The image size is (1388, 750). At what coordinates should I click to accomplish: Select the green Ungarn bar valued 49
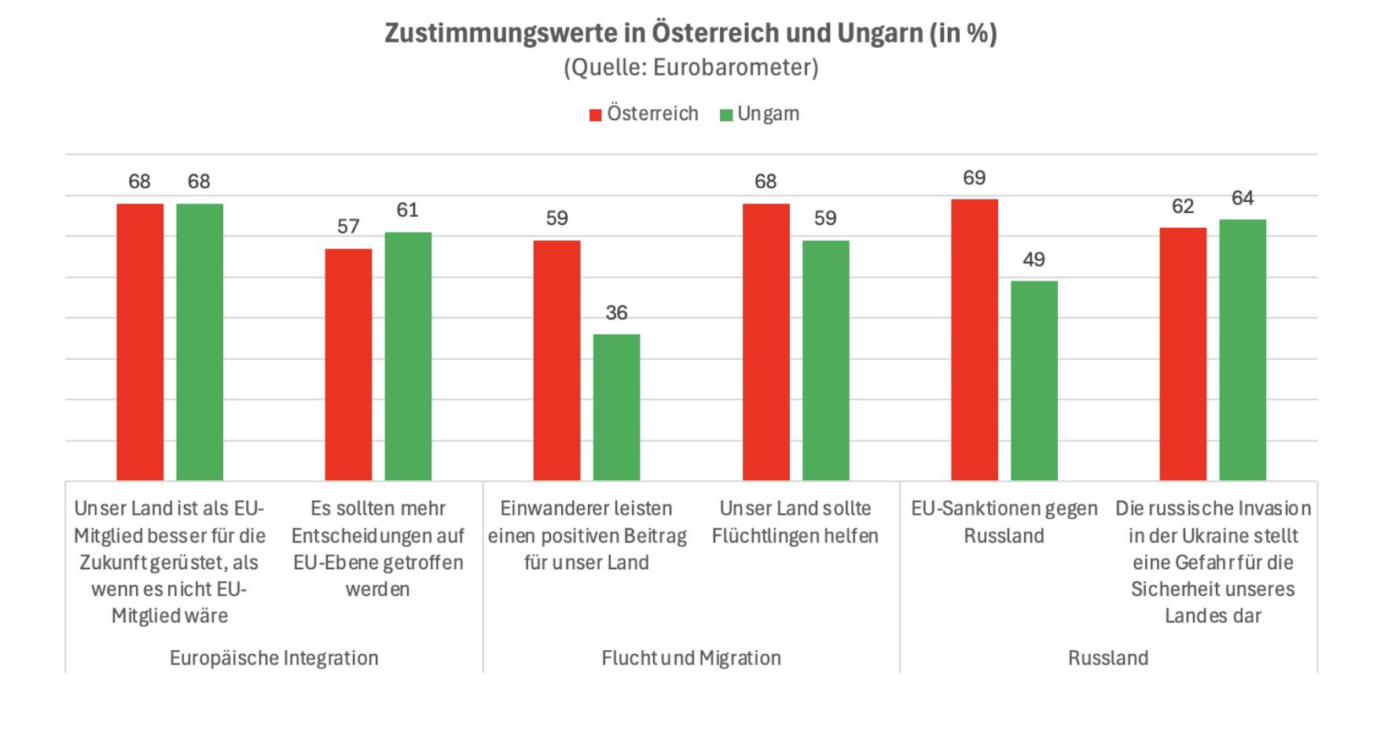click(x=1034, y=381)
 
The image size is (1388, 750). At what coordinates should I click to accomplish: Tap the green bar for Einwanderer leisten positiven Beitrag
click(x=616, y=407)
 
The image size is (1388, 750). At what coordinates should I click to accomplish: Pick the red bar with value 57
click(x=348, y=365)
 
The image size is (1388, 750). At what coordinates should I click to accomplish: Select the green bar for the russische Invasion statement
click(x=1242, y=350)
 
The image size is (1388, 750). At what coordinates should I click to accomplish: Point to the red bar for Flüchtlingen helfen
click(x=766, y=342)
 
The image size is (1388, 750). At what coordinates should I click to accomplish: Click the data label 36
click(x=616, y=313)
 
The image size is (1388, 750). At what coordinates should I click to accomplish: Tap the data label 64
click(x=1242, y=198)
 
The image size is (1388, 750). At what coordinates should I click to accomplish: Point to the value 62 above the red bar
click(x=1182, y=207)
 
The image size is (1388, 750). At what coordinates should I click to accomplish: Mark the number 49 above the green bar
click(x=1034, y=260)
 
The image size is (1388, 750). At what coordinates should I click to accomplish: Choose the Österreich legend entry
click(x=644, y=114)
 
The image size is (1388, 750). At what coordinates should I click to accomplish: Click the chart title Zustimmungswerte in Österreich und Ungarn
click(x=690, y=33)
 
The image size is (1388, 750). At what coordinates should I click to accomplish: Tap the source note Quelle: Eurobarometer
click(x=690, y=68)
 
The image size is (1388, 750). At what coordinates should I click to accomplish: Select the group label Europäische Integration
click(x=274, y=658)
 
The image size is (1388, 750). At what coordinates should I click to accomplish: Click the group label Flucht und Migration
click(x=691, y=658)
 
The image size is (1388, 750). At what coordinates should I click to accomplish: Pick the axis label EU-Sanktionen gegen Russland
click(x=1004, y=522)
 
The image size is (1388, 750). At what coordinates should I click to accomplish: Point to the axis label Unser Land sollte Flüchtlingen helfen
click(x=795, y=522)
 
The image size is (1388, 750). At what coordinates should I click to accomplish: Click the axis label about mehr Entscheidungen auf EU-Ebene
click(x=377, y=549)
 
